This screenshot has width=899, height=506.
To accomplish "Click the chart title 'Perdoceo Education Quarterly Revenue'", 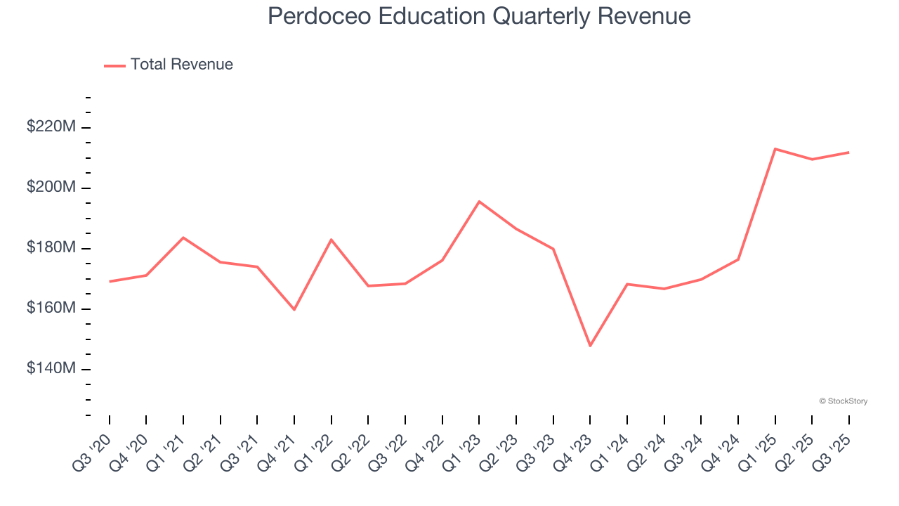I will click(x=479, y=17).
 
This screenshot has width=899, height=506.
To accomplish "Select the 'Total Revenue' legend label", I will click(x=181, y=65).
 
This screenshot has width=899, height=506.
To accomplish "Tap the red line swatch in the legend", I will click(x=114, y=65).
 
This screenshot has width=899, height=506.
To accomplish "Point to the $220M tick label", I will click(x=51, y=127).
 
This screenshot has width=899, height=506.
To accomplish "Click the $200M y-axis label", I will click(x=51, y=188).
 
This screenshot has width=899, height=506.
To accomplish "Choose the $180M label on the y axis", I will click(x=51, y=248).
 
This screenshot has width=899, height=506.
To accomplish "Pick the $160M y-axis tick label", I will click(x=51, y=309).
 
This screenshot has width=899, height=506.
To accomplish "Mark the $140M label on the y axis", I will click(x=51, y=369).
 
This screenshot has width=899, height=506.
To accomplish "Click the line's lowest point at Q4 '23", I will click(x=590, y=346).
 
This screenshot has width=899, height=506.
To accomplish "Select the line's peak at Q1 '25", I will click(x=775, y=149).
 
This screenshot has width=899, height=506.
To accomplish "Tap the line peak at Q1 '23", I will click(x=479, y=202).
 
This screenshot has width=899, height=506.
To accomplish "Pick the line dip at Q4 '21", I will click(x=294, y=309).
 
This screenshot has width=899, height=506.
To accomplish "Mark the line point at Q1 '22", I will click(x=331, y=240).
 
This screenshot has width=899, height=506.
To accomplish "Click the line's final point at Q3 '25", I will click(x=848, y=153).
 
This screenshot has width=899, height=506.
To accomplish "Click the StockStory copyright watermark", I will click(x=843, y=401).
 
